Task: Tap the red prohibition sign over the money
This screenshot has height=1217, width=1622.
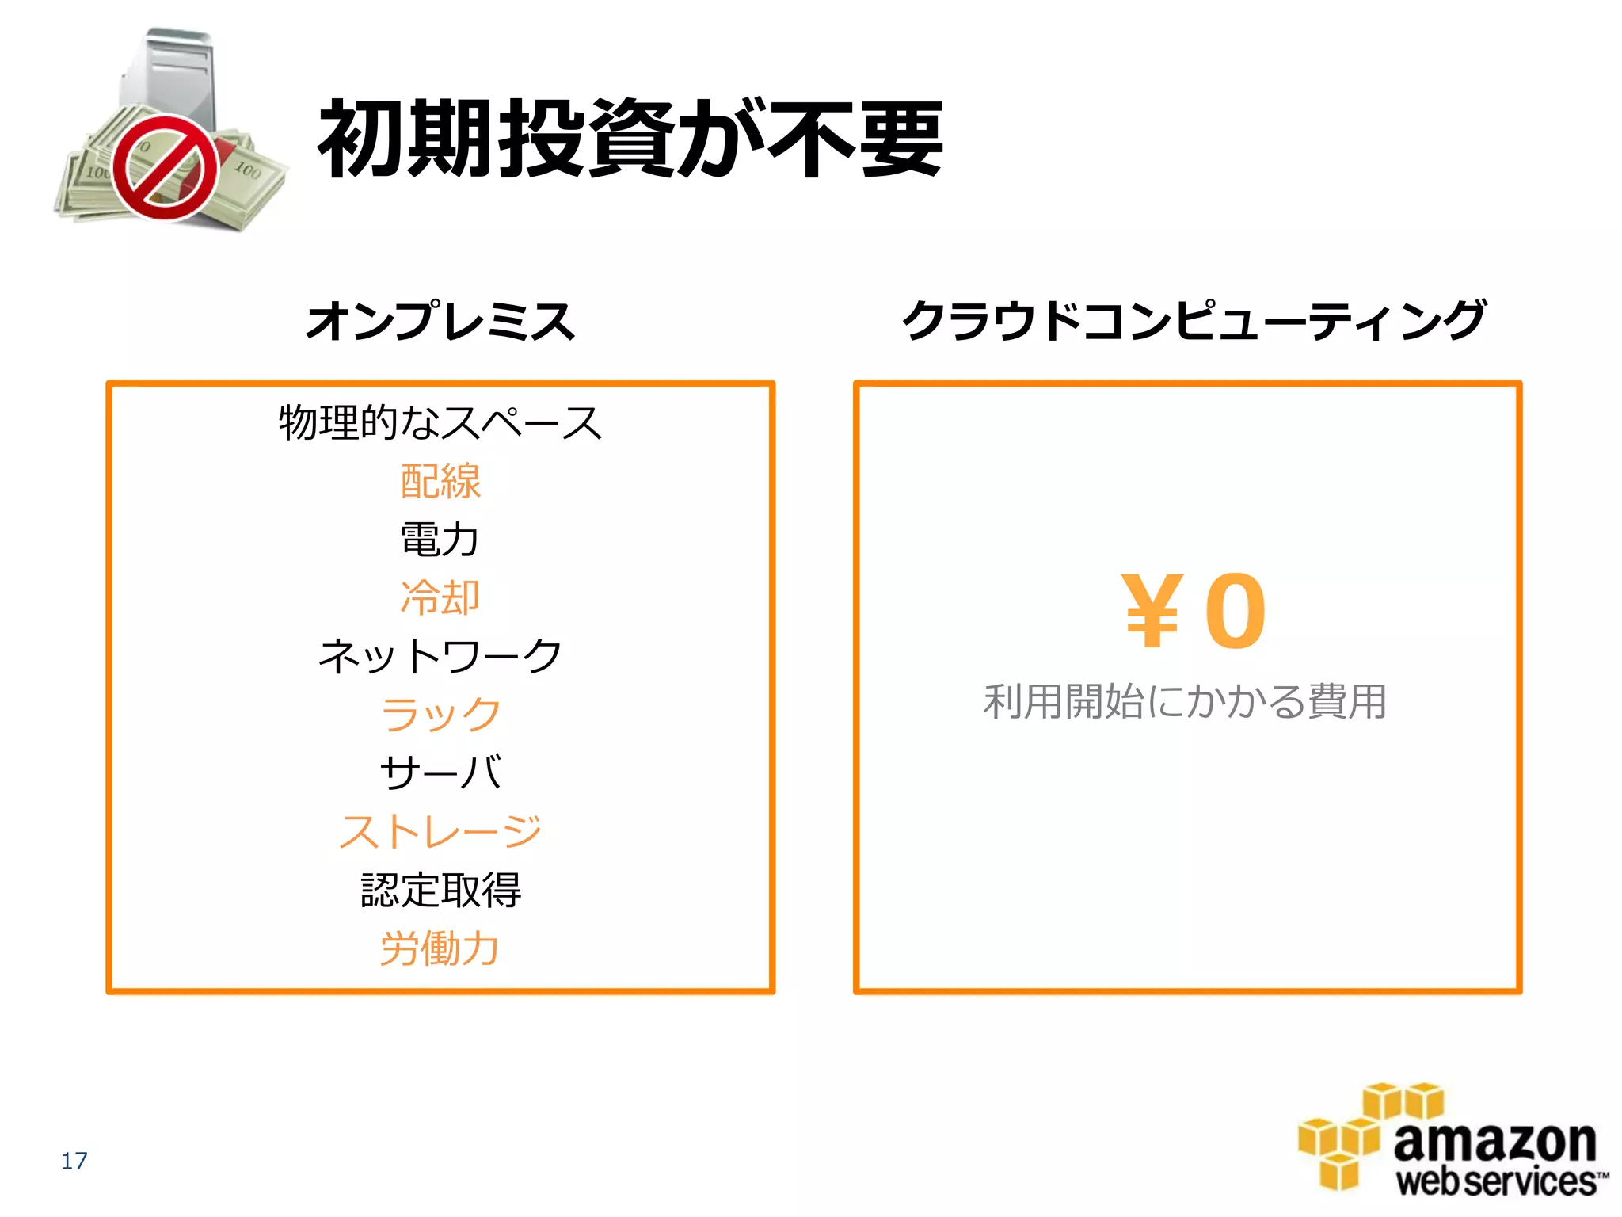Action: (166, 168)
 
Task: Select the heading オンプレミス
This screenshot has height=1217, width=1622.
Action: (440, 321)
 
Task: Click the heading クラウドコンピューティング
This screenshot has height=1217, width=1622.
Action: (1194, 321)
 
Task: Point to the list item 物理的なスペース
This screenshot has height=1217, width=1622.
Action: (440, 422)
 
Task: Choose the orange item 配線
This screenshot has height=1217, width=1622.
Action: (440, 481)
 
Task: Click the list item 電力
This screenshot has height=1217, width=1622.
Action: (440, 540)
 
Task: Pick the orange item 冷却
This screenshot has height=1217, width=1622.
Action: (440, 597)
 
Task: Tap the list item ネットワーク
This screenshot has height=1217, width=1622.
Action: (440, 656)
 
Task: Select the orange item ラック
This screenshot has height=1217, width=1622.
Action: (440, 714)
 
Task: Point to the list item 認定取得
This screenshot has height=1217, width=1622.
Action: (440, 890)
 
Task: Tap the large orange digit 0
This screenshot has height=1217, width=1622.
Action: (1236, 611)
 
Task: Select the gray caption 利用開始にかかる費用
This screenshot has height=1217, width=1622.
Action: (1186, 702)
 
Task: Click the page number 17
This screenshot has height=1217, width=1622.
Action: (74, 1161)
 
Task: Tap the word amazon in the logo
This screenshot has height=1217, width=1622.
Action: (1494, 1142)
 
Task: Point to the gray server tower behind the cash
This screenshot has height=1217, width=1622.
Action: (170, 71)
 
